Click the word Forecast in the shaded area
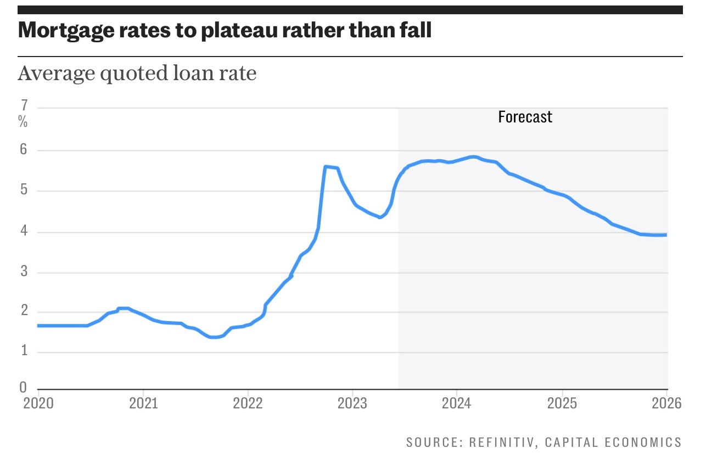pyautogui.click(x=525, y=117)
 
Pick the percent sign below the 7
pyautogui.click(x=23, y=121)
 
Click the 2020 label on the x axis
pyautogui.click(x=38, y=403)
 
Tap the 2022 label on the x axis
pyautogui.click(x=248, y=403)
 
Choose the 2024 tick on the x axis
pyautogui.click(x=457, y=403)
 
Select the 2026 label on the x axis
pyautogui.click(x=666, y=403)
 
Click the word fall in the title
pyautogui.click(x=413, y=31)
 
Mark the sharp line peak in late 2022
pyautogui.click(x=326, y=166)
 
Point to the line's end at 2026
pyautogui.click(x=666, y=235)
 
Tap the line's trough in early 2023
pyautogui.click(x=380, y=217)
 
